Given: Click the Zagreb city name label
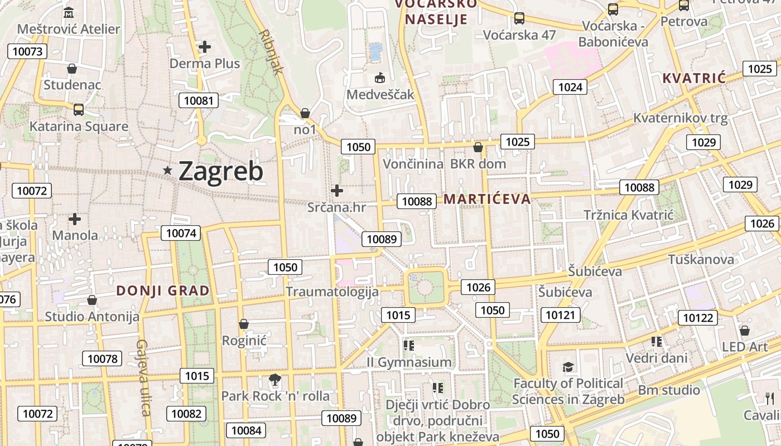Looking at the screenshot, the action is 220,171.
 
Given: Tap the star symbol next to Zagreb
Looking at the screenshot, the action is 167,171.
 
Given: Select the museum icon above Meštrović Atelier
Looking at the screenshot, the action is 69,12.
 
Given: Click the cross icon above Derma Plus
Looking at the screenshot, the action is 205,47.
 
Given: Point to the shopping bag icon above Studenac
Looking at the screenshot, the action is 72,69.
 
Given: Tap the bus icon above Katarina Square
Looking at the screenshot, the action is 79,109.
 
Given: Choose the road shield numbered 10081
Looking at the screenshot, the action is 198,100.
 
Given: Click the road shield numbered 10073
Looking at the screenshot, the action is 27,52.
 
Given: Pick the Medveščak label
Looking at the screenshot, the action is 380,94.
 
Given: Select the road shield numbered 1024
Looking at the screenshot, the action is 570,86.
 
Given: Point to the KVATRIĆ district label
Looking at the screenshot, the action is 694,78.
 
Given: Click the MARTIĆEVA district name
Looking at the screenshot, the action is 487,199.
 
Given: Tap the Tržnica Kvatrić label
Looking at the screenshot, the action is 629,215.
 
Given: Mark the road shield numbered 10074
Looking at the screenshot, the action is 181,233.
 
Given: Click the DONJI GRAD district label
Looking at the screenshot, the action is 163,290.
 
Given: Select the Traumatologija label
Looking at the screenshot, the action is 332,292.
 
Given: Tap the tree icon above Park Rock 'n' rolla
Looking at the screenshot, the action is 274,380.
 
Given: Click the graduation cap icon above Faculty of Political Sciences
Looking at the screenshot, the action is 568,367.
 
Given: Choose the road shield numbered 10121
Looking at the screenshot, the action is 560,315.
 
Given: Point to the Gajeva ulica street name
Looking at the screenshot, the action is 143,377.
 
